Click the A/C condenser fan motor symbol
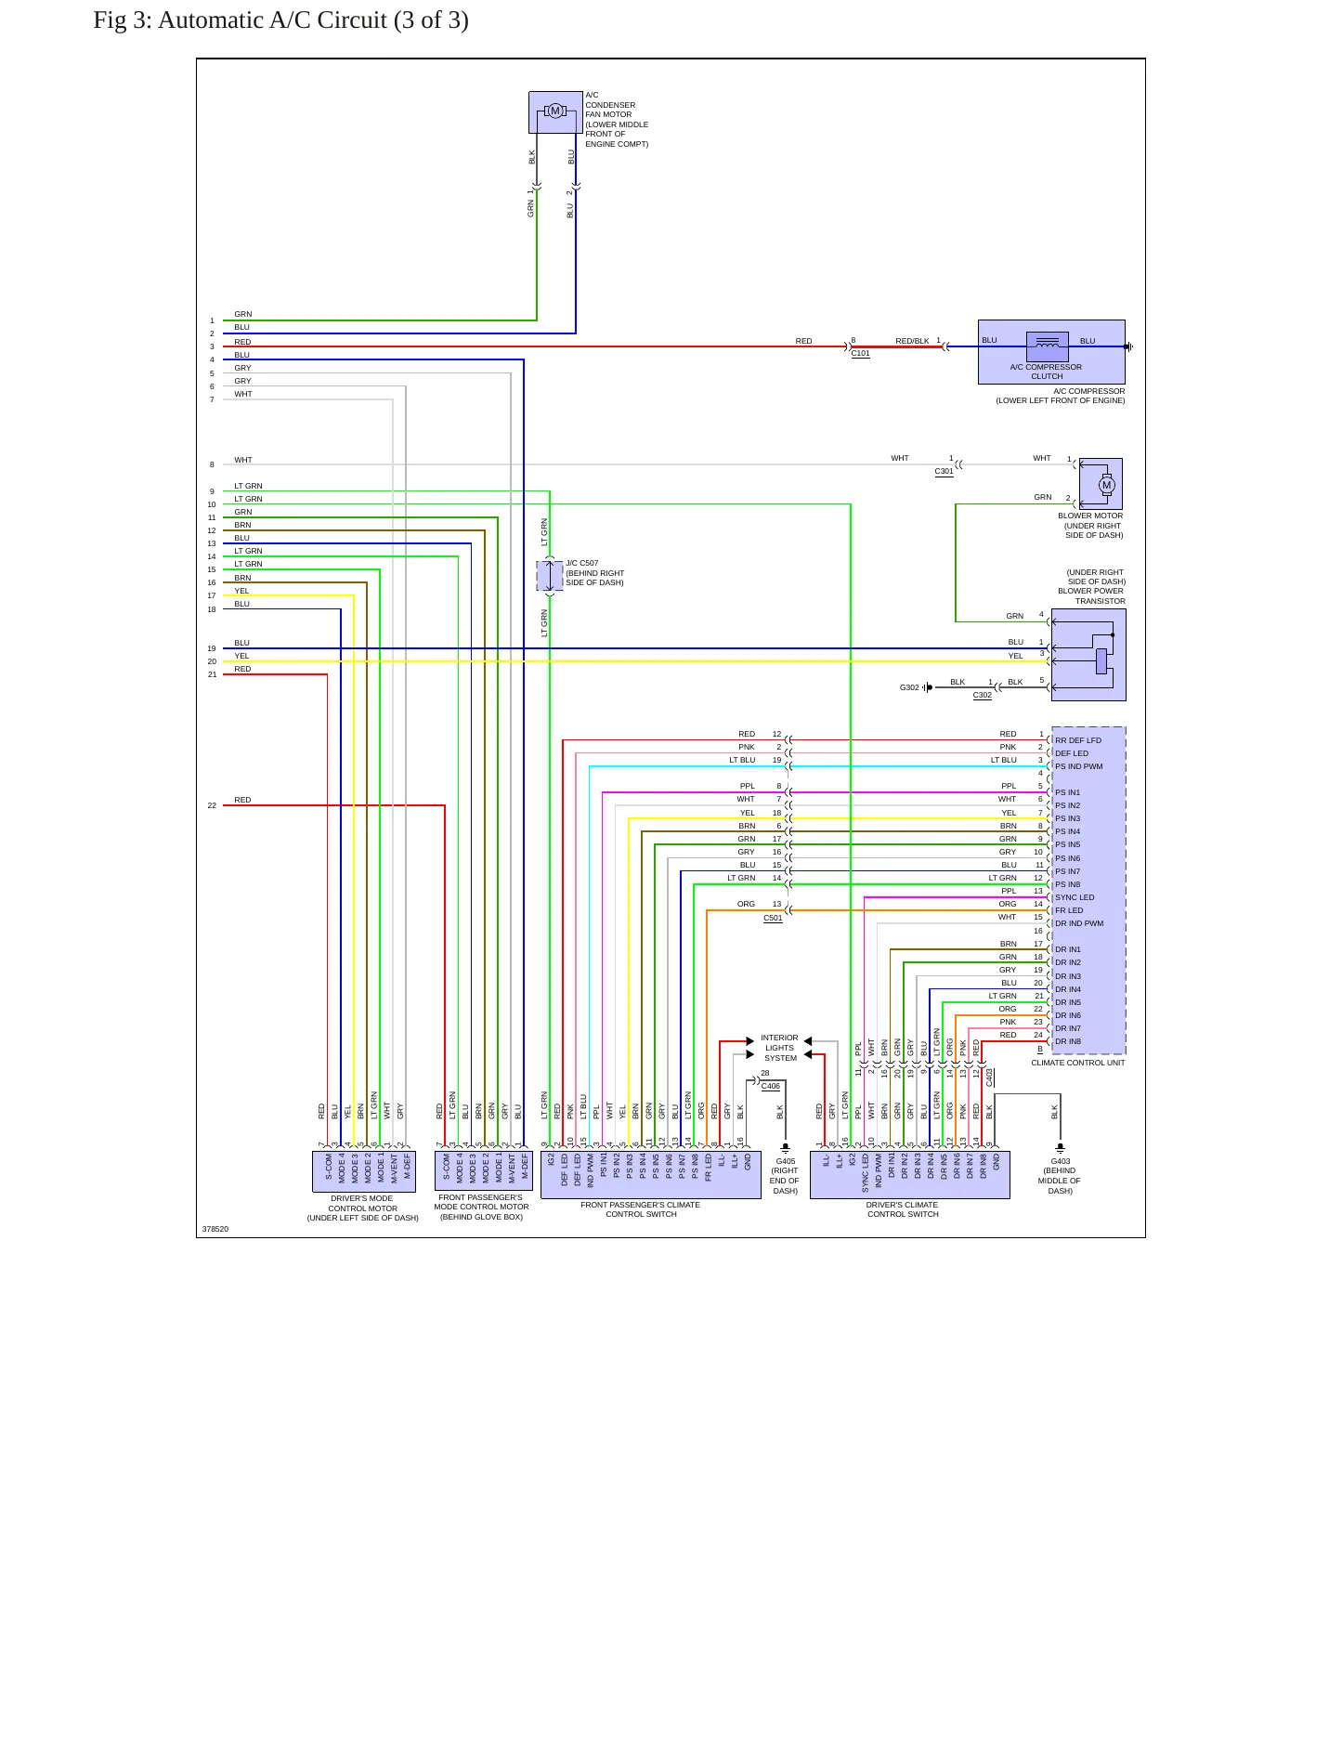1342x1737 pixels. [x=555, y=111]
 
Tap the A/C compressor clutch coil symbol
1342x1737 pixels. [x=1047, y=346]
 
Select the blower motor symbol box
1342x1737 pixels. [x=1101, y=484]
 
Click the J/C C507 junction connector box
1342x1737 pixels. [x=550, y=576]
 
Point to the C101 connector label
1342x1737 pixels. [x=861, y=354]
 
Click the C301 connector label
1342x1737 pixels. [x=944, y=472]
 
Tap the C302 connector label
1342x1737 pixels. [x=982, y=696]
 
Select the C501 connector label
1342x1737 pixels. [x=773, y=919]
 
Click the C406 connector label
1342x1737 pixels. [x=771, y=1086]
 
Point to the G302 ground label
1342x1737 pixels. [x=909, y=688]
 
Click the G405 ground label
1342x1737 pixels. [x=786, y=1161]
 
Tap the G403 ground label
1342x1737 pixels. [x=1061, y=1161]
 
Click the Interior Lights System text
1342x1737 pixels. [x=780, y=1048]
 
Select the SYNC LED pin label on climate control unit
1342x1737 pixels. [x=1075, y=897]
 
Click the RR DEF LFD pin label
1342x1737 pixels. [x=1078, y=741]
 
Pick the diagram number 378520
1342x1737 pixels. [x=215, y=1229]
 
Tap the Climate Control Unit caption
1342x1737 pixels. [x=1078, y=1063]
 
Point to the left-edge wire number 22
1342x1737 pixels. [x=212, y=805]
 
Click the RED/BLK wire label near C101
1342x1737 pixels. [x=912, y=341]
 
